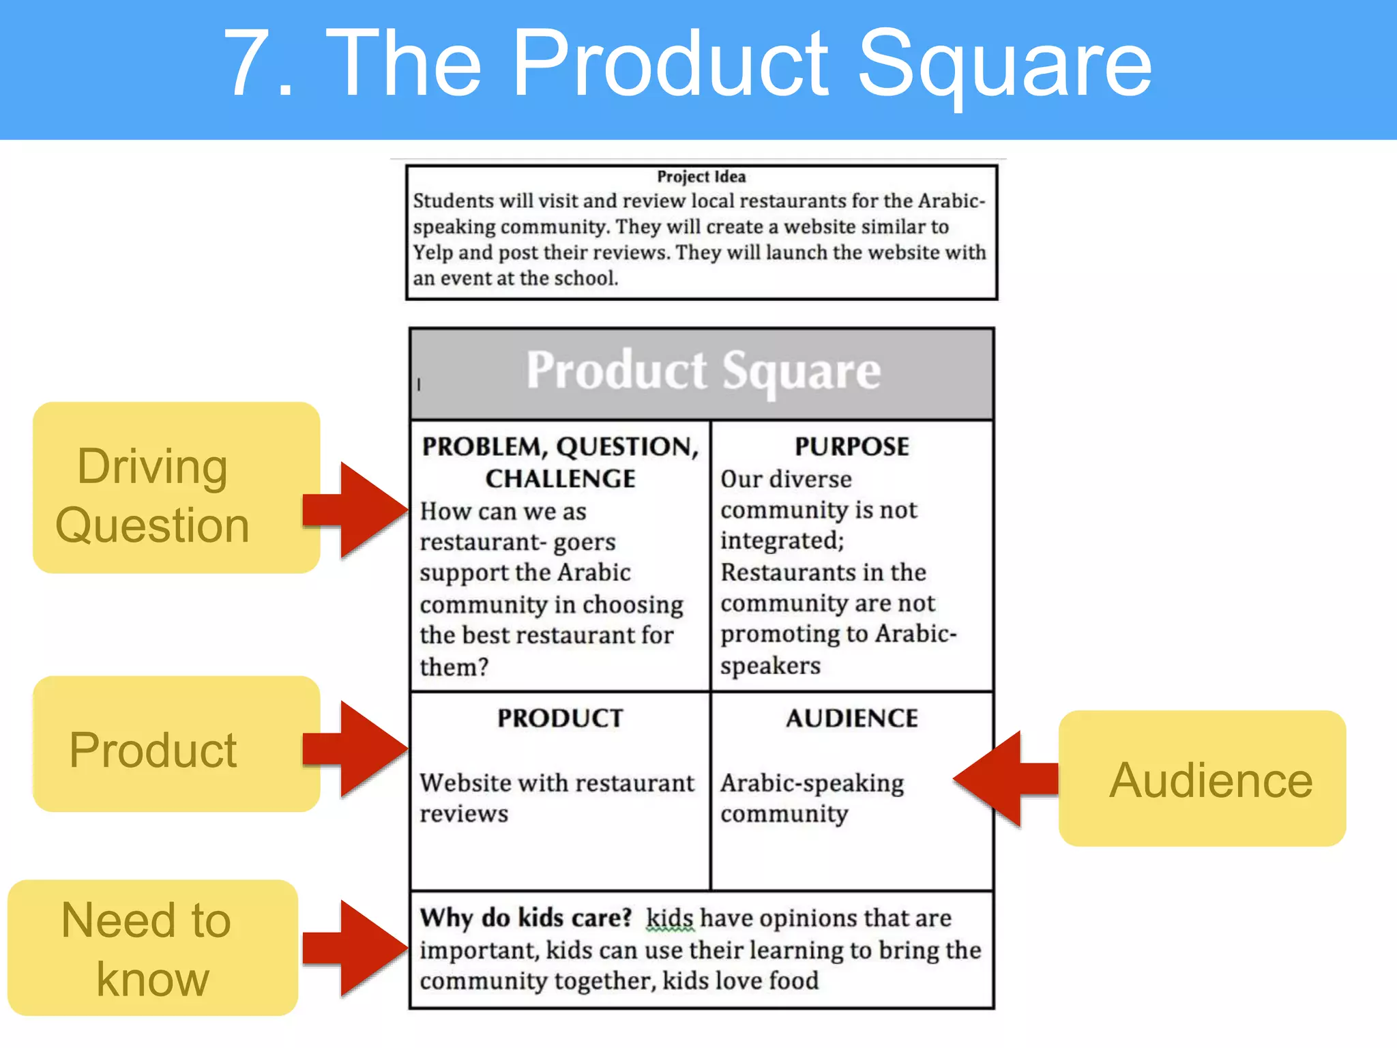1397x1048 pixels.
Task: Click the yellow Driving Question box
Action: tap(176, 487)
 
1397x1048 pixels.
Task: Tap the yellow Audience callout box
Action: tap(1202, 778)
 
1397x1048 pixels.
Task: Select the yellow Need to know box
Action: tap(152, 948)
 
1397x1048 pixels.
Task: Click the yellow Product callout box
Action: tap(176, 744)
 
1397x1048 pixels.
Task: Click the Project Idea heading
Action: tap(701, 177)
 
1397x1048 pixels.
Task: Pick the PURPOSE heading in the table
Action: tap(851, 447)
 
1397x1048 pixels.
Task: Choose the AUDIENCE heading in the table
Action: tap(851, 718)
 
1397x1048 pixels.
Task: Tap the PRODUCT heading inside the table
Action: tap(560, 718)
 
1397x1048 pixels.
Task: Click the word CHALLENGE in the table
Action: tap(560, 479)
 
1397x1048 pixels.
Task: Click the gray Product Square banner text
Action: tap(703, 371)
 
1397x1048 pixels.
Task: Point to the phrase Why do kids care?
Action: tap(526, 918)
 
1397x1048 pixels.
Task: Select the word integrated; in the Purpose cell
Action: tap(782, 541)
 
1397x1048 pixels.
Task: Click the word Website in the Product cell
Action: tap(465, 783)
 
